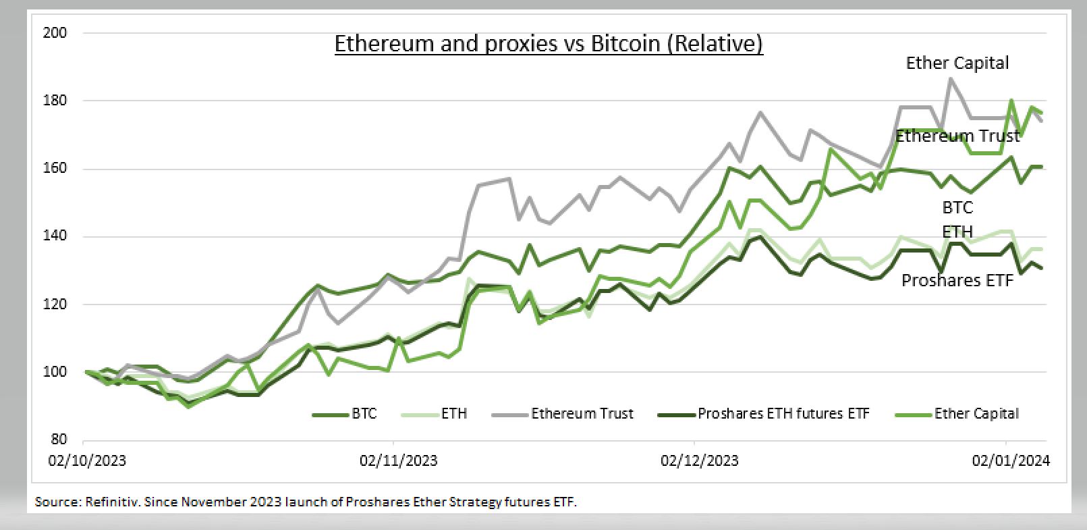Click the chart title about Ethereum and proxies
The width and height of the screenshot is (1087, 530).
point(549,43)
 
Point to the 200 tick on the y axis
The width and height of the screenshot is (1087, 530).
point(55,32)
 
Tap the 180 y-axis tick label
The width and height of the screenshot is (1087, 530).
point(55,101)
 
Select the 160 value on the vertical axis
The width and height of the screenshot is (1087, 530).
point(55,168)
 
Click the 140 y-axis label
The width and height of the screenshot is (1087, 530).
point(55,236)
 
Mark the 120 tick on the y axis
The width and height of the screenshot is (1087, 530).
point(55,304)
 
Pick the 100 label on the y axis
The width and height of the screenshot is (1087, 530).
point(55,372)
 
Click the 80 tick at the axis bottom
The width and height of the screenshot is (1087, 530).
point(59,440)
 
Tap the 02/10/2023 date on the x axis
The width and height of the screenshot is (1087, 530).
point(87,460)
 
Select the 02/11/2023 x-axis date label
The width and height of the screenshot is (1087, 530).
point(398,460)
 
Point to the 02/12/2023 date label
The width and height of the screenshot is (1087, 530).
point(699,460)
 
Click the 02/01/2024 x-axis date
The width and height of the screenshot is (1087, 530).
point(1010,460)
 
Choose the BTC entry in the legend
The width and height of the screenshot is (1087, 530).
point(364,414)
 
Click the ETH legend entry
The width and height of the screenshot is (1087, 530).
point(454,414)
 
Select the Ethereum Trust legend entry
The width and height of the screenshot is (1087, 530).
point(582,414)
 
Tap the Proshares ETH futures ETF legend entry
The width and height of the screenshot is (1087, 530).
point(783,414)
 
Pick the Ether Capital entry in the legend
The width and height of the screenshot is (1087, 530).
point(976,414)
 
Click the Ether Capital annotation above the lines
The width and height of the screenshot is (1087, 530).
point(957,63)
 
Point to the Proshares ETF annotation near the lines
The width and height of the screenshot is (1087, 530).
point(957,280)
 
